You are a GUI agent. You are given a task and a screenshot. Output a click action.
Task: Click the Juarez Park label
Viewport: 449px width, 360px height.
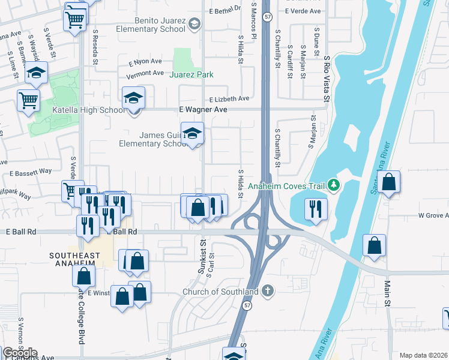point(191,75)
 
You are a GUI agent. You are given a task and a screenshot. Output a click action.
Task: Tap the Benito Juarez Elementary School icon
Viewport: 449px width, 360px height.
point(194,24)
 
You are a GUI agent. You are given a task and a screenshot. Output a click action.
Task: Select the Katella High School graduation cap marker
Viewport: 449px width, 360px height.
point(133,97)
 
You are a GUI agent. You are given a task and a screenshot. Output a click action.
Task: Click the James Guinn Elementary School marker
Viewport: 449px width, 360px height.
point(192,133)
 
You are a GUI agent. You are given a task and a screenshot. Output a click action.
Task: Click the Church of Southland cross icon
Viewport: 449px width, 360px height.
point(268,292)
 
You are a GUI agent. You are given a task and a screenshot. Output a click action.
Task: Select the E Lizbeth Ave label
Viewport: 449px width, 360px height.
point(229,99)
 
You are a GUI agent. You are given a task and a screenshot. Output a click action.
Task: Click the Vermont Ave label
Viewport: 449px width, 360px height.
point(146,73)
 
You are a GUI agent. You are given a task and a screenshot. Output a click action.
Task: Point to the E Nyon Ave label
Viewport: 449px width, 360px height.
point(145,61)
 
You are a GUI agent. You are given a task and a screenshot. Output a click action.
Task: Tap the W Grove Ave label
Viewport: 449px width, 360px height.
point(433,215)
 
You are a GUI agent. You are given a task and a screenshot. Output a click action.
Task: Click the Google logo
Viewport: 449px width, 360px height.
point(20,353)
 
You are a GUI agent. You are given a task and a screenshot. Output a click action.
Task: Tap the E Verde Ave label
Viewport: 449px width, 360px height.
point(303,11)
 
